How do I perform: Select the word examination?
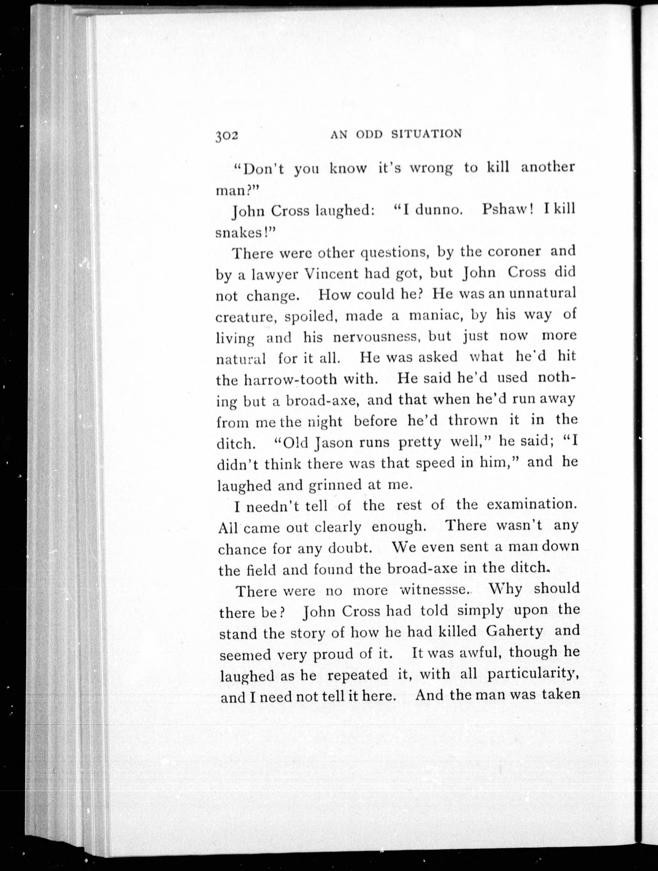[532, 505]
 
